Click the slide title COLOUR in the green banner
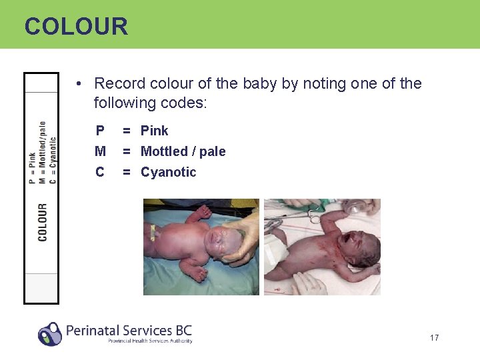(x=76, y=27)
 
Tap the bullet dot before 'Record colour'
(x=79, y=84)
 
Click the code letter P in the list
(x=100, y=131)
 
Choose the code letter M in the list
(x=100, y=151)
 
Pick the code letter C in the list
(x=100, y=172)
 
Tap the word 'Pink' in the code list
(x=155, y=131)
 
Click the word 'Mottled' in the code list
(x=164, y=151)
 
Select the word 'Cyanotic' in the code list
(x=169, y=172)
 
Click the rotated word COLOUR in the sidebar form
(x=43, y=222)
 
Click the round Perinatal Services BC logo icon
(x=49, y=333)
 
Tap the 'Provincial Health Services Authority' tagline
(x=150, y=341)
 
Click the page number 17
(x=435, y=338)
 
